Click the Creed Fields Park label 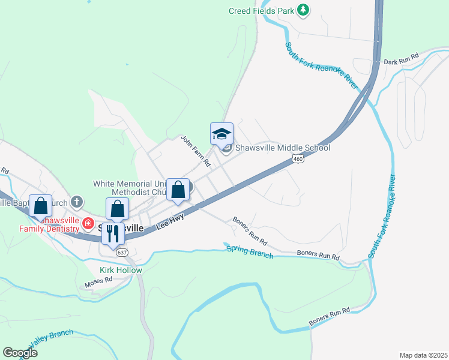262,10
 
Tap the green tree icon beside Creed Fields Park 304,10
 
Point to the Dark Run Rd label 400,62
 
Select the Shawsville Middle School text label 282,148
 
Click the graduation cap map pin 221,133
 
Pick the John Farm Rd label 196,150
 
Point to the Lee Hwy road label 170,223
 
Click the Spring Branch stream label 249,251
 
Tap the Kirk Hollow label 121,270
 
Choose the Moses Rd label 99,280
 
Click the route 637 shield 122,253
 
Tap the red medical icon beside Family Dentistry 88,224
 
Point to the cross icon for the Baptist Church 76,202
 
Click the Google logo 20,353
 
